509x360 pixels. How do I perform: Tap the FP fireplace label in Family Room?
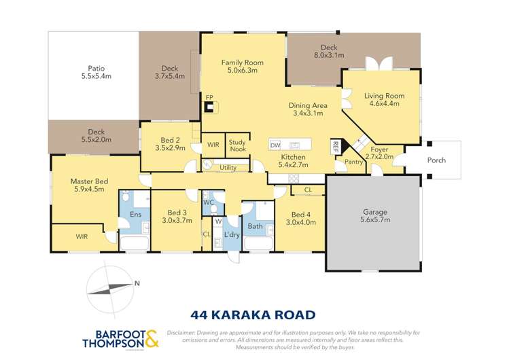[x=209, y=97]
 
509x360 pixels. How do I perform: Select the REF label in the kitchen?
[x=335, y=143]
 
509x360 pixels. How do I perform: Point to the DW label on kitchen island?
[x=275, y=145]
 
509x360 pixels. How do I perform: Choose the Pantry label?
[x=353, y=162]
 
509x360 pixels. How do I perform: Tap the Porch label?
[x=436, y=161]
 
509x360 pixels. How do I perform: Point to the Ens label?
[x=135, y=215]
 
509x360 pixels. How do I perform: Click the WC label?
[x=209, y=202]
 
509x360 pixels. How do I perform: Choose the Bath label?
[x=256, y=226]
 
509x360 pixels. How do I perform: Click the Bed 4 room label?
[x=300, y=213]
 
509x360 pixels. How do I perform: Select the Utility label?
[x=228, y=167]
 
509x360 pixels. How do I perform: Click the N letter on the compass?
[x=137, y=284]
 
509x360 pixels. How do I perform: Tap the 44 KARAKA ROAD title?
[x=253, y=314]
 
